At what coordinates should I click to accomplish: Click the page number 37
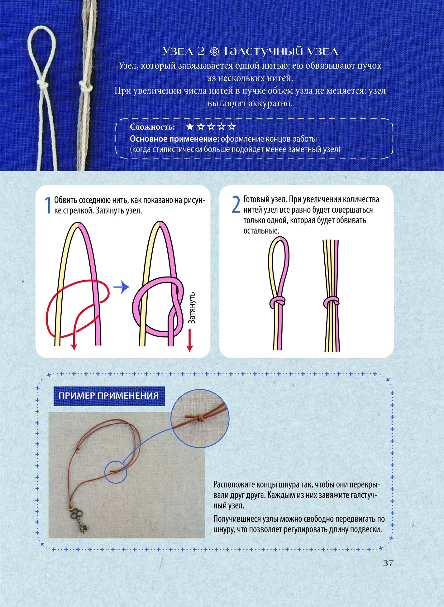click(388, 563)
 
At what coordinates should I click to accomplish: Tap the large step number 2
click(236, 205)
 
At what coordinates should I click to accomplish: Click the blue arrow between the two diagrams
click(121, 287)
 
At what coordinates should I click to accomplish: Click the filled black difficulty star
click(190, 127)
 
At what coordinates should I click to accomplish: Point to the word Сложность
click(152, 127)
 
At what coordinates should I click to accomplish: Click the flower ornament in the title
click(215, 51)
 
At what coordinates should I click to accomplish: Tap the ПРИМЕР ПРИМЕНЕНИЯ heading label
click(108, 396)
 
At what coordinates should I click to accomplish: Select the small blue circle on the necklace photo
click(116, 472)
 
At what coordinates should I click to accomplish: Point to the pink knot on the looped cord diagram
click(277, 301)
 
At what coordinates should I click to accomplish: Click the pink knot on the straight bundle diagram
click(331, 302)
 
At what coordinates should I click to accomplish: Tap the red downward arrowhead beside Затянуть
click(189, 348)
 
